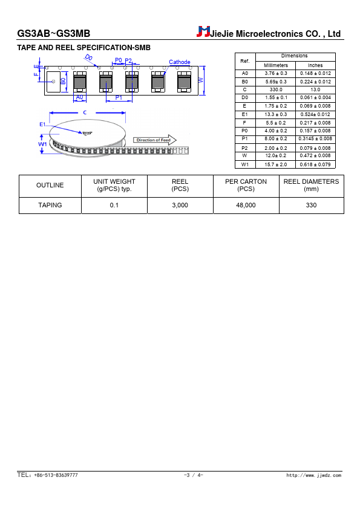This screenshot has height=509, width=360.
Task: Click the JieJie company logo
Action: click(x=203, y=31)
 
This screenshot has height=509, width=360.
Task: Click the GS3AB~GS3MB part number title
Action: click(x=54, y=33)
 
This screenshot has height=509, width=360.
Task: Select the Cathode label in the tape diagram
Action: click(x=179, y=62)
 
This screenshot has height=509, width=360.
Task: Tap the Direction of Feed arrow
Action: click(x=155, y=140)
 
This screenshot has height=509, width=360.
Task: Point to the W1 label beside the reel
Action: click(x=42, y=144)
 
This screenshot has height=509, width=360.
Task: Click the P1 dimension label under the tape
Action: click(x=119, y=98)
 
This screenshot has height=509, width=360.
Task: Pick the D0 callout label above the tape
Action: click(x=88, y=57)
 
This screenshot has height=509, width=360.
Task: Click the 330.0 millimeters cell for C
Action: click(x=276, y=89)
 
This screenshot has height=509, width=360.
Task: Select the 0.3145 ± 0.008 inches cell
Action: click(x=315, y=138)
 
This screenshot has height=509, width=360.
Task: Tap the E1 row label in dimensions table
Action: click(x=244, y=114)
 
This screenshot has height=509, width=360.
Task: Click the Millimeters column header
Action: click(x=276, y=65)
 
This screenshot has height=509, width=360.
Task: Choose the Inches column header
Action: click(x=315, y=65)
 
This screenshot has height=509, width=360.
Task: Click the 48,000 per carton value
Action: click(x=246, y=205)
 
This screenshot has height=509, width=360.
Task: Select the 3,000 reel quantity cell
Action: click(x=180, y=205)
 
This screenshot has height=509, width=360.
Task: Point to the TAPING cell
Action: click(x=50, y=205)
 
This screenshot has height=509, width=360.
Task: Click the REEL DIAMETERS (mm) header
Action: click(x=311, y=185)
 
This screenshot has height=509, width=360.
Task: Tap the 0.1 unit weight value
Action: click(x=114, y=205)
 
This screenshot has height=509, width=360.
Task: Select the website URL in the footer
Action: click(x=314, y=475)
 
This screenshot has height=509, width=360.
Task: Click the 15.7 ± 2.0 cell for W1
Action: click(x=276, y=164)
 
